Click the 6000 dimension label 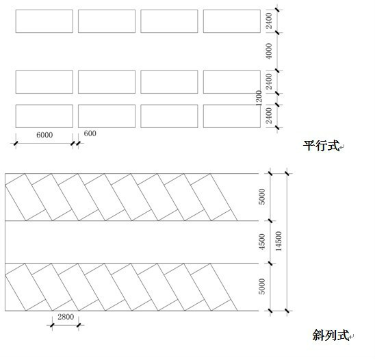44,135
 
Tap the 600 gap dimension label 90,133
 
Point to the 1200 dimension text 259,98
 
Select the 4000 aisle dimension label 269,51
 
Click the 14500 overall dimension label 279,241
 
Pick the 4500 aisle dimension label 262,242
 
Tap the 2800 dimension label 66,317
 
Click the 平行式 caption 321,146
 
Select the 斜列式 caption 331,335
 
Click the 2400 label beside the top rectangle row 269,21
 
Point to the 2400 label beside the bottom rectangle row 269,116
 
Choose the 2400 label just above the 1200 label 269,81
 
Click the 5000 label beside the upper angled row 262,196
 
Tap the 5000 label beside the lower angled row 262,287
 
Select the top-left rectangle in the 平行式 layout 44,21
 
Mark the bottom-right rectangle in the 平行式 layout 232,116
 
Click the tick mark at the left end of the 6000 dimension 16,144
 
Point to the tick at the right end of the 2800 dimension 79,325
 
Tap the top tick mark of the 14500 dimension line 287,173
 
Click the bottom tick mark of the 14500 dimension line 287,311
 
